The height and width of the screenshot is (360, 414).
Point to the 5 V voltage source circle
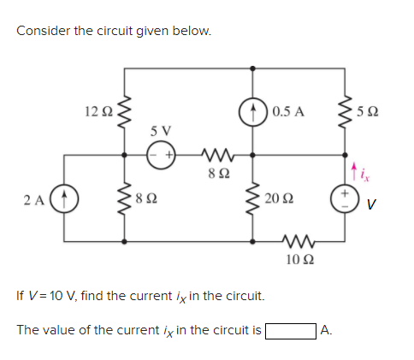coord(160,156)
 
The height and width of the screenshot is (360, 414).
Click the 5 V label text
coord(160,133)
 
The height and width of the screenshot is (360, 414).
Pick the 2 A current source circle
coord(65,202)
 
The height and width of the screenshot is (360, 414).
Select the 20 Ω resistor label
coord(278,199)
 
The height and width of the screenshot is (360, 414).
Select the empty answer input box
coord(290,329)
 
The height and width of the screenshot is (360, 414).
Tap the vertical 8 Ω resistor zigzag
coord(127,201)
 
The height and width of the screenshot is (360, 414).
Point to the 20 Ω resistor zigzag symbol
coord(254,200)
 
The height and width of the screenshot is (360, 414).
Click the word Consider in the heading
coord(43,31)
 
